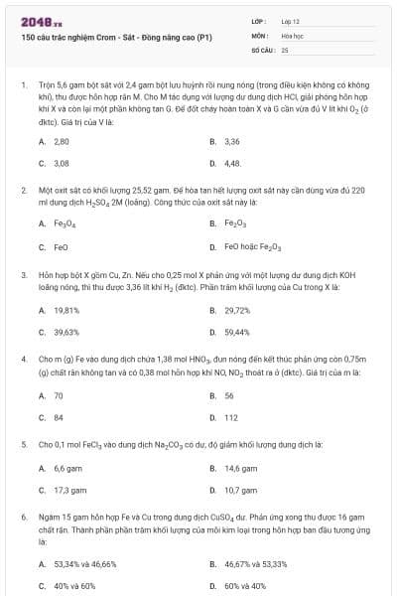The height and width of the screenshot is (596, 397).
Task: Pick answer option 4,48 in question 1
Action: [232, 163]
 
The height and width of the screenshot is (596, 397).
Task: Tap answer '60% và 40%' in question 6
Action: [244, 586]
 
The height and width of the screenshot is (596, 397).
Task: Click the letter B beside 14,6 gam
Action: [212, 469]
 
